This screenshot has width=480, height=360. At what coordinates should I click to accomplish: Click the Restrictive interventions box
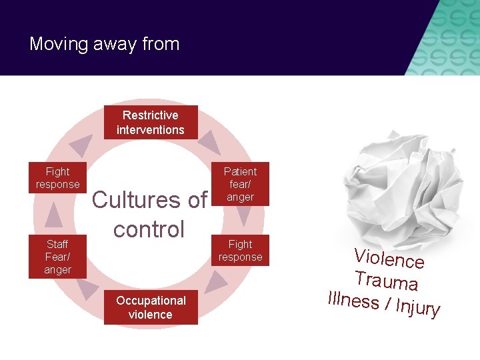(x=151, y=122)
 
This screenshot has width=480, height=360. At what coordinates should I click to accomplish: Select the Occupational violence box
(x=151, y=307)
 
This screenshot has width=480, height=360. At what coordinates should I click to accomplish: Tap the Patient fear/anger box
(x=240, y=184)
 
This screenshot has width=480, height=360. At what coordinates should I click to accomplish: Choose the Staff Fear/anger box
(x=57, y=257)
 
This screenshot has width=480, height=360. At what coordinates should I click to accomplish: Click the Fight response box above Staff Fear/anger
(x=57, y=178)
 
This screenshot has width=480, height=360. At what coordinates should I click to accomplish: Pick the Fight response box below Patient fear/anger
(x=240, y=251)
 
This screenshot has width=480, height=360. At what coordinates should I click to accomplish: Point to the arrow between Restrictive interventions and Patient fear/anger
(x=209, y=142)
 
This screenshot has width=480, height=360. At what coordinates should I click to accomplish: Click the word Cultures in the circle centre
(x=131, y=199)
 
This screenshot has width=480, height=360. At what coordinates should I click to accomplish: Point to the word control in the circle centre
(x=149, y=229)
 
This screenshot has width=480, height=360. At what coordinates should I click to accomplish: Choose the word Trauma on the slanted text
(x=386, y=280)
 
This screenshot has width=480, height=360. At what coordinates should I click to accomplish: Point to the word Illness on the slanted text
(x=353, y=299)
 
